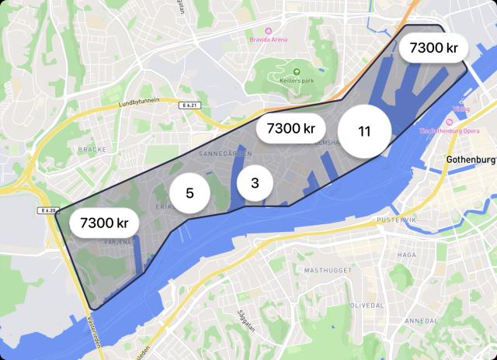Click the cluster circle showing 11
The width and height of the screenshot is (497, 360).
click(363, 130)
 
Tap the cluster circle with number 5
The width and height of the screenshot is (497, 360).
click(189, 193)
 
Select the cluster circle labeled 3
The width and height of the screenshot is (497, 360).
click(255, 184)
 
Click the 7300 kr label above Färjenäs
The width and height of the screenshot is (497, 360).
click(104, 223)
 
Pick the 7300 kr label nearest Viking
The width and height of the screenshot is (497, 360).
click(434, 48)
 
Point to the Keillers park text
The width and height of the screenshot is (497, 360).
click(296, 80)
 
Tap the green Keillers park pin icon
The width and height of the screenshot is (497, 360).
click(296, 71)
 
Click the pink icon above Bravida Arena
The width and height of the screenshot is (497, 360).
click(268, 29)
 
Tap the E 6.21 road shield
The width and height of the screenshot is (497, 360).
click(187, 105)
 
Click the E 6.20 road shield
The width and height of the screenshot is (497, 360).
click(49, 210)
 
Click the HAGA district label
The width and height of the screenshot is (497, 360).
click(406, 254)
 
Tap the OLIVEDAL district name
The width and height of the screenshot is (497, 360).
click(367, 306)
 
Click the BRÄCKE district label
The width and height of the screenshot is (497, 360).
click(91, 147)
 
